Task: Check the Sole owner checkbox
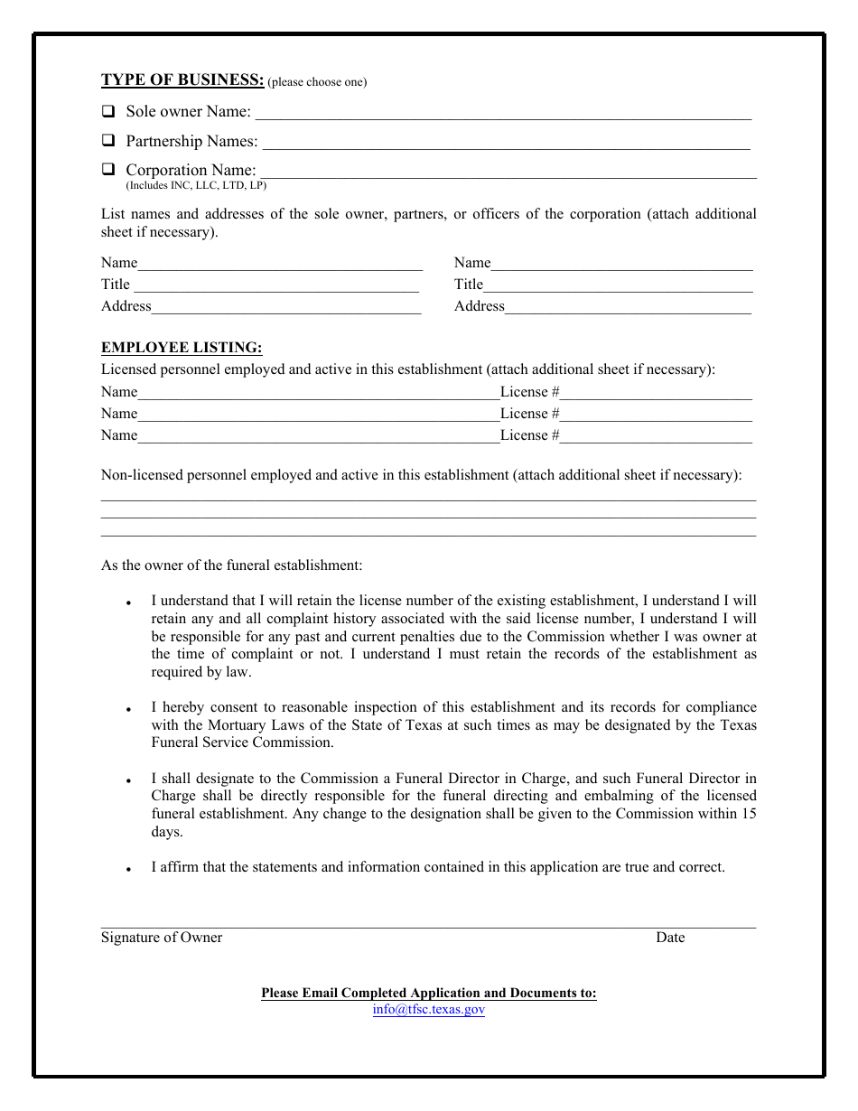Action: coord(108,112)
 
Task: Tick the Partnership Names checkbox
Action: coord(108,141)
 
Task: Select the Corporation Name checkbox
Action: coord(108,169)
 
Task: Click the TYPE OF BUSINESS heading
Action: coord(182,80)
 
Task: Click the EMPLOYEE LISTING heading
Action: coord(182,348)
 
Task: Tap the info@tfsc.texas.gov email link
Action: coord(428,1010)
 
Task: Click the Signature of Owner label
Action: coord(162,938)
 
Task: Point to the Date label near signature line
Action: coord(670,938)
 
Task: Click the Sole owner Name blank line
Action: coord(503,114)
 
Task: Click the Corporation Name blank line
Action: coord(508,172)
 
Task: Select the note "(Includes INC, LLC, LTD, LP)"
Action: coord(196,186)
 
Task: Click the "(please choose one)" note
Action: coord(318,82)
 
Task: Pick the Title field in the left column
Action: coord(275,285)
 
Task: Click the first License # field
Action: coord(656,393)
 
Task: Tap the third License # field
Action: coord(656,436)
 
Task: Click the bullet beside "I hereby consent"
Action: coord(130,710)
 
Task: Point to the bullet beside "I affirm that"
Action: coord(130,870)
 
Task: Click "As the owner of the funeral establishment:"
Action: coord(231,565)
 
